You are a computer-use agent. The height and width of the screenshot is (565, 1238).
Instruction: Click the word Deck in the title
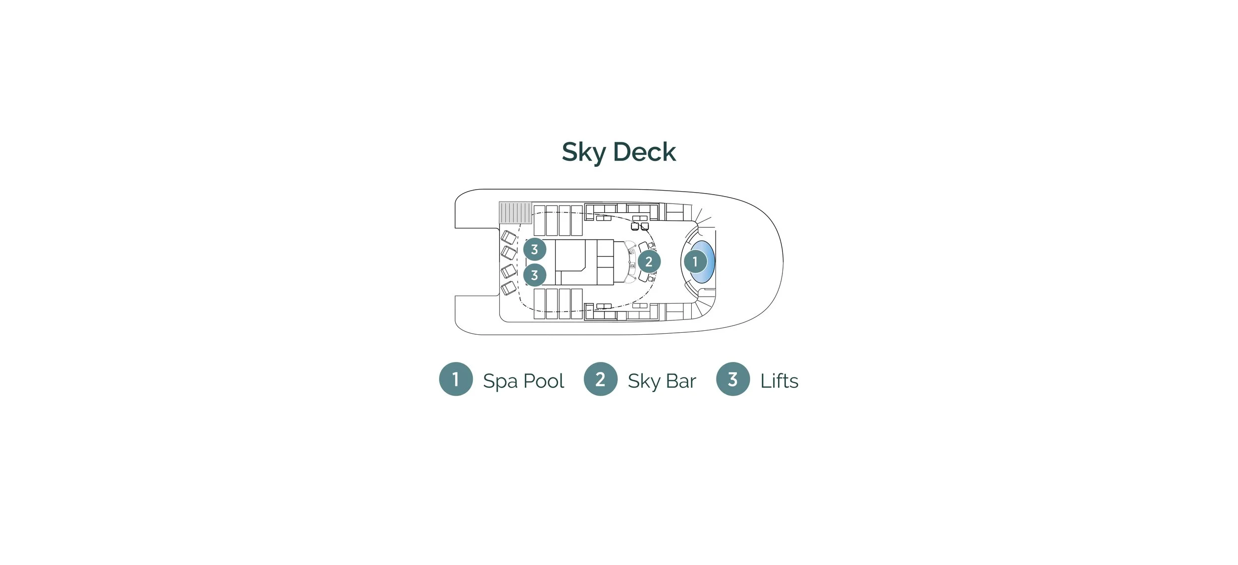pyautogui.click(x=644, y=152)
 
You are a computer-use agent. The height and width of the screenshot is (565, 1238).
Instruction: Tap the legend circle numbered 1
pyautogui.click(x=456, y=379)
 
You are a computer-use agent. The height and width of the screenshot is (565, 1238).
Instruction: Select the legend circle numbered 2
pyautogui.click(x=600, y=379)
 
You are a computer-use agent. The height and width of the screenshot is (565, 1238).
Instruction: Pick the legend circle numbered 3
pyautogui.click(x=733, y=379)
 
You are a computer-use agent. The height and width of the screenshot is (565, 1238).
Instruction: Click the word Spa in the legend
pyautogui.click(x=500, y=381)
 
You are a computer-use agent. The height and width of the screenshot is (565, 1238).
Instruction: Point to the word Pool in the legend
pyautogui.click(x=544, y=381)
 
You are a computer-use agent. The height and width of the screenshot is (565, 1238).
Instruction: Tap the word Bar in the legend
pyautogui.click(x=681, y=381)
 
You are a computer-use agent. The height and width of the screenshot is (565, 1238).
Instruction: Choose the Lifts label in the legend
pyautogui.click(x=779, y=381)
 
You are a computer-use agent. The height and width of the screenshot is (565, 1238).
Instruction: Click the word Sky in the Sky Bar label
pyautogui.click(x=644, y=381)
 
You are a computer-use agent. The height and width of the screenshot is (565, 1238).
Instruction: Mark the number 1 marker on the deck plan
pyautogui.click(x=695, y=261)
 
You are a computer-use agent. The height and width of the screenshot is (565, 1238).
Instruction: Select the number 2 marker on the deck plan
pyautogui.click(x=649, y=261)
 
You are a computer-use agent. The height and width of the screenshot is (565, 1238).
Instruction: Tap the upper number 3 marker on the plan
pyautogui.click(x=534, y=249)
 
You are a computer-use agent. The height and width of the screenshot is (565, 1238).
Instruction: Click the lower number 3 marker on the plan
pyautogui.click(x=534, y=275)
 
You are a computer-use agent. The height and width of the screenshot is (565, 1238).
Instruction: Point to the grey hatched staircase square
pyautogui.click(x=515, y=212)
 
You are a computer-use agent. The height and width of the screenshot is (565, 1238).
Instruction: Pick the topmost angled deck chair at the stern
pyautogui.click(x=509, y=237)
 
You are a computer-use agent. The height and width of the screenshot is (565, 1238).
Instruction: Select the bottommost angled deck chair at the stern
pyautogui.click(x=509, y=288)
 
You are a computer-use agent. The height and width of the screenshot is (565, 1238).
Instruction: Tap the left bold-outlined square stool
pyautogui.click(x=635, y=226)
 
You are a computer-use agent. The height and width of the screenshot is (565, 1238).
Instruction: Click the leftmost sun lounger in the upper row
pyautogui.click(x=539, y=220)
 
